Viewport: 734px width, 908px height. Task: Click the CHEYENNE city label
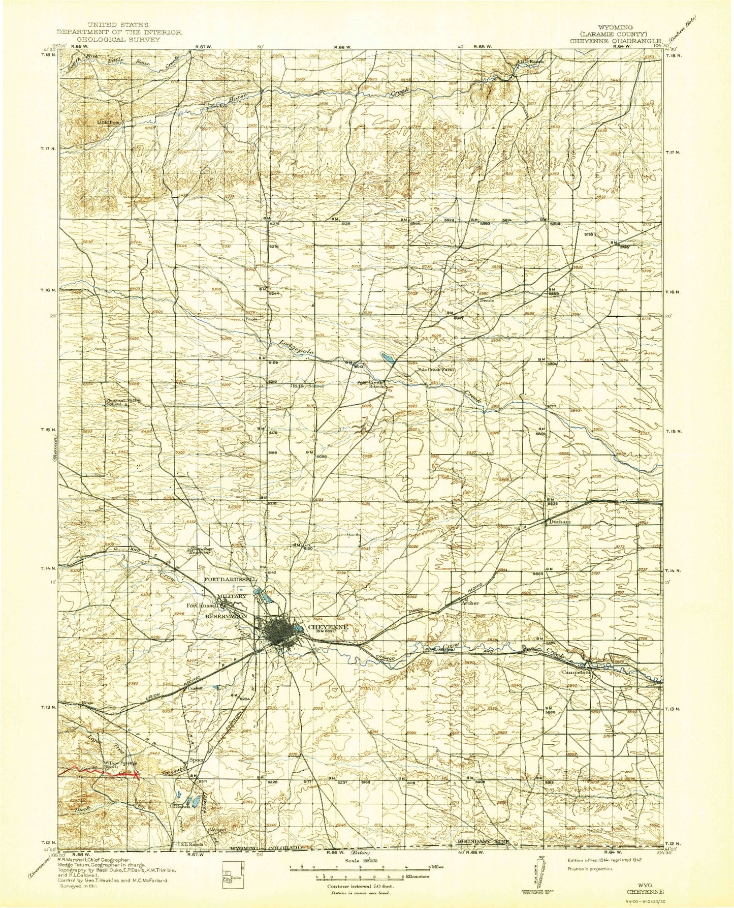[328, 627]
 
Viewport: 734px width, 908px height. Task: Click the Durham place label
[559, 522]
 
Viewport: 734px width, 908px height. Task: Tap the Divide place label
[487, 300]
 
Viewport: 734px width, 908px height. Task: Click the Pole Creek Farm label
[435, 370]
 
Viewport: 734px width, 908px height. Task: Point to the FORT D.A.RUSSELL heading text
[232, 580]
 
